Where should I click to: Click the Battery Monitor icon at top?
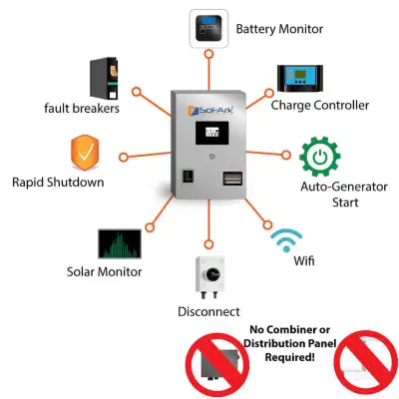[x=207, y=29]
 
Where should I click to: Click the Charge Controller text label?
[x=322, y=104]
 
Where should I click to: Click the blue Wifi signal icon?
[x=287, y=240]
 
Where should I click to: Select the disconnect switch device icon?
[x=208, y=280]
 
